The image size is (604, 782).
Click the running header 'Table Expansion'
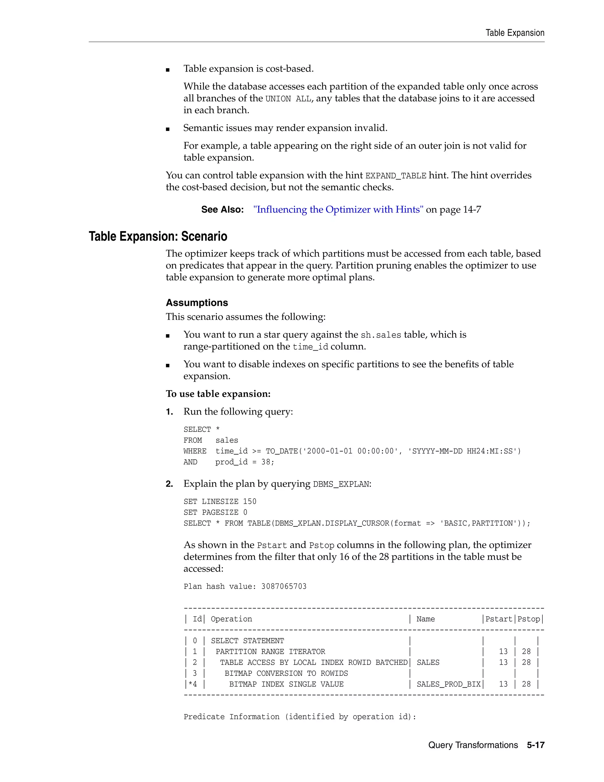[x=515, y=33]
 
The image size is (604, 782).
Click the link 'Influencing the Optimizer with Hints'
[x=338, y=210]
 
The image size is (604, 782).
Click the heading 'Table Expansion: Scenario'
[x=158, y=237]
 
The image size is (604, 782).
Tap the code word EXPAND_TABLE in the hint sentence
[x=395, y=176]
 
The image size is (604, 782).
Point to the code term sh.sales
[x=381, y=335]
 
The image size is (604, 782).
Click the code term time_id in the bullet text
[x=310, y=347]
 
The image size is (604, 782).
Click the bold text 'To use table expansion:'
[x=218, y=394]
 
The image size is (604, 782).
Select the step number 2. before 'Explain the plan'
[x=169, y=484]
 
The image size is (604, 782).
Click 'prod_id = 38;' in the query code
[x=244, y=462]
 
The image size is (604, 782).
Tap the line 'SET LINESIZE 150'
[x=220, y=502]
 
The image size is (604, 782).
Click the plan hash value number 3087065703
[x=284, y=587]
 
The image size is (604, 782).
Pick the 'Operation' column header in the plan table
[x=231, y=619]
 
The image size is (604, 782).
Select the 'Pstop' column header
[x=528, y=619]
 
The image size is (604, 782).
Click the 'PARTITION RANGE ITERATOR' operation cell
[x=270, y=652]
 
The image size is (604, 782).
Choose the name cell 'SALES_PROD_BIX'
[x=448, y=684]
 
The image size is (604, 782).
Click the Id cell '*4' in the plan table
[x=193, y=684]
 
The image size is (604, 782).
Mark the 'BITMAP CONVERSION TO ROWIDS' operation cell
[x=286, y=673]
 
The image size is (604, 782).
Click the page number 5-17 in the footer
[x=535, y=745]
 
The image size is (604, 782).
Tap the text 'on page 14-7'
[x=453, y=210]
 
